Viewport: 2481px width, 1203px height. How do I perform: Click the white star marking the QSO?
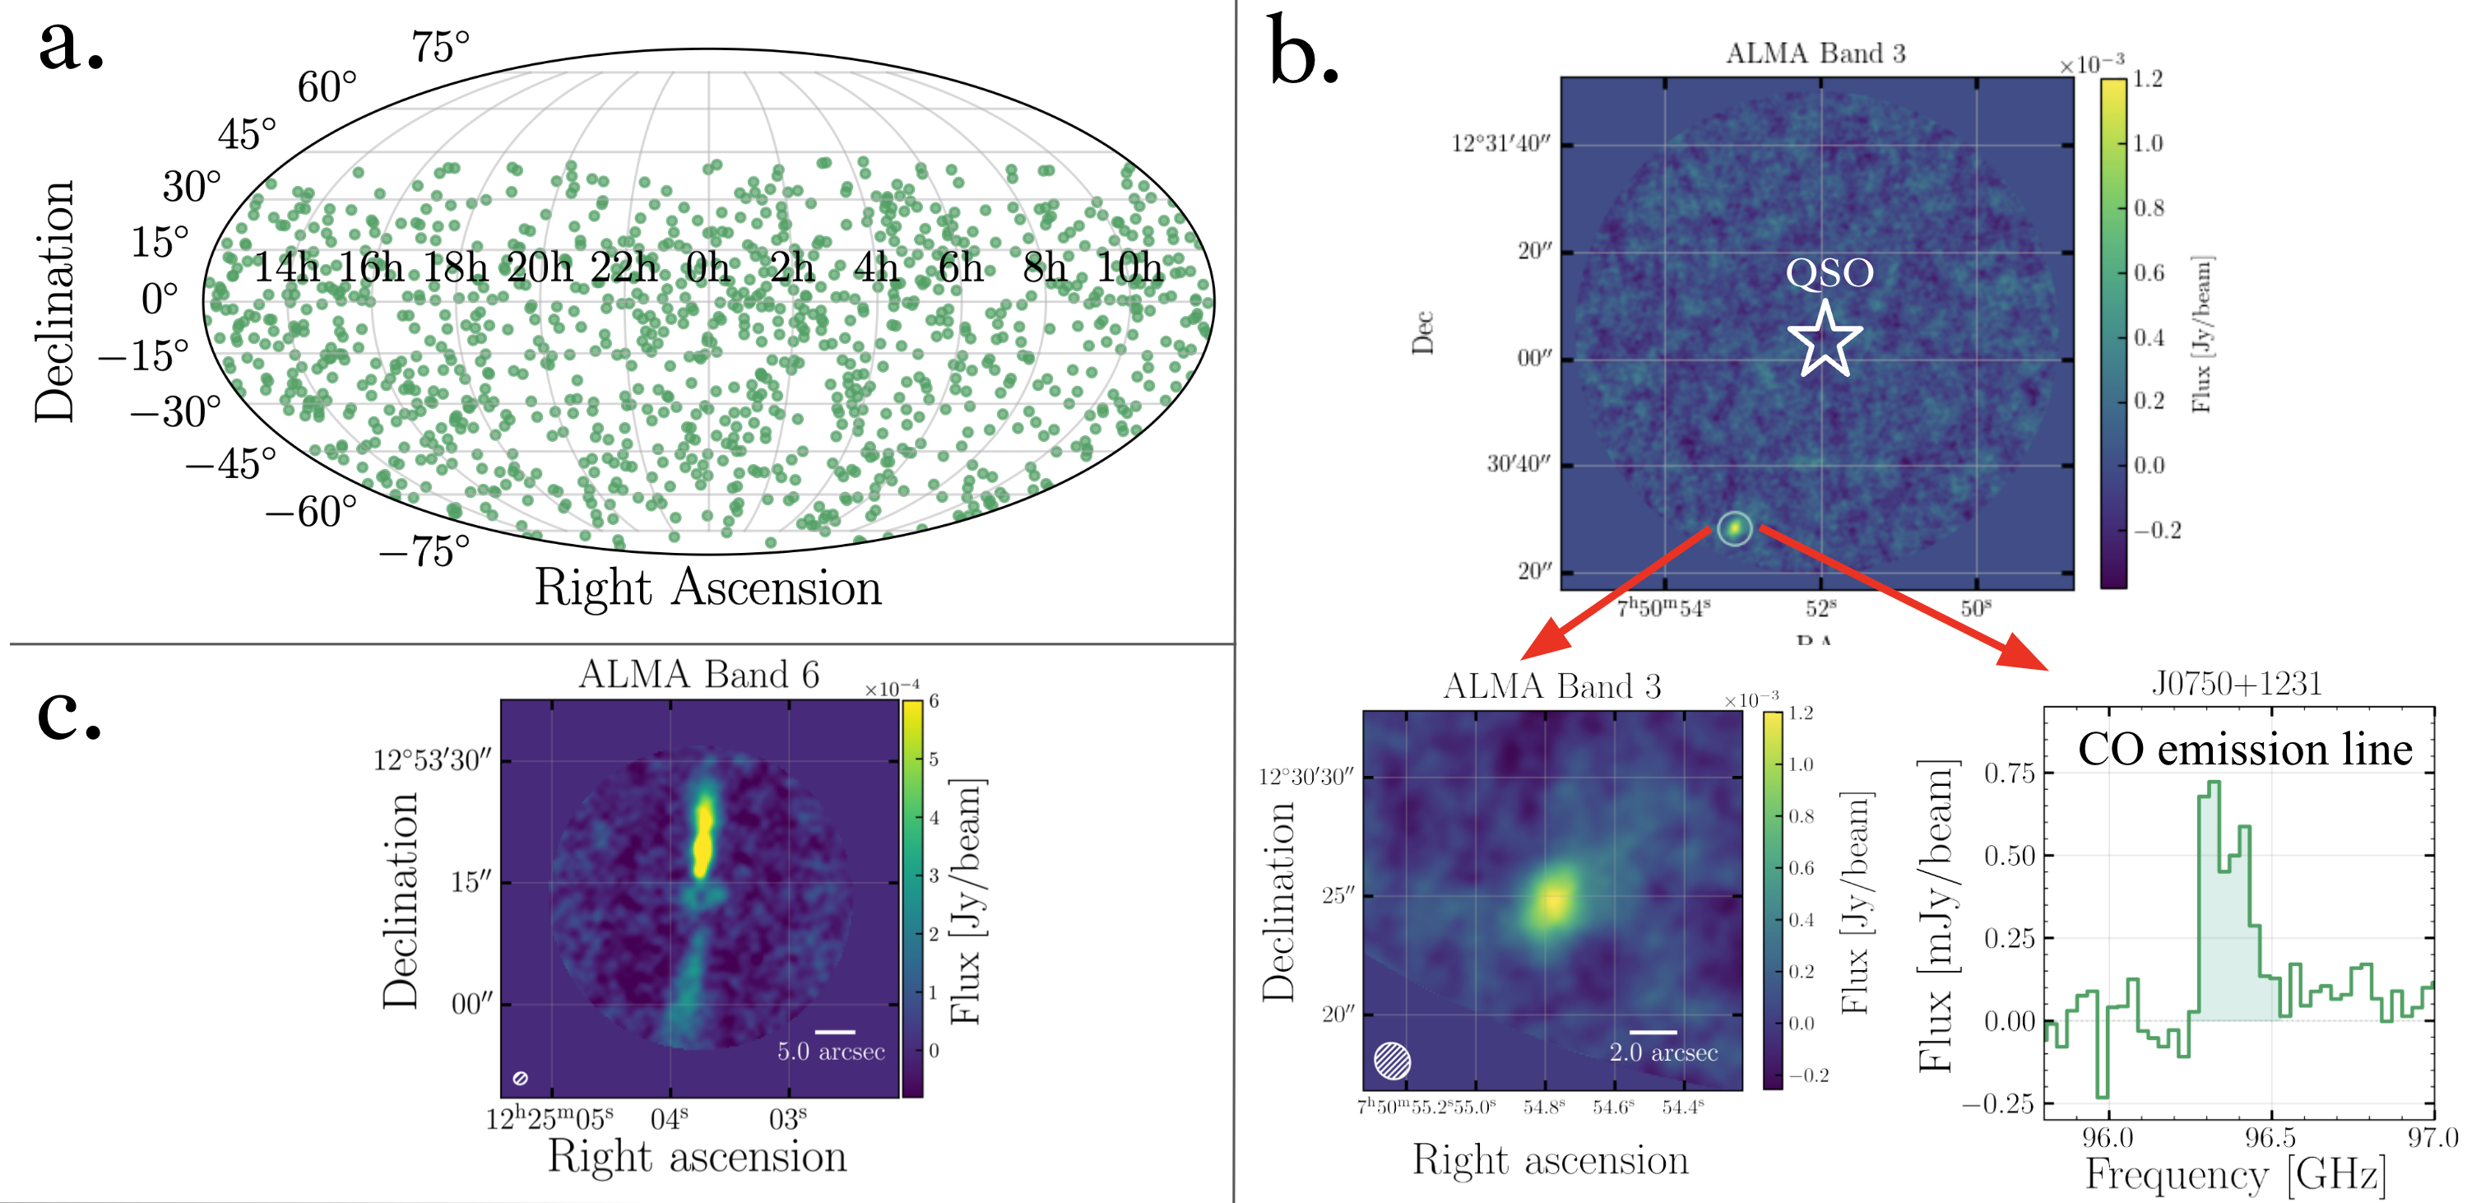(x=1825, y=339)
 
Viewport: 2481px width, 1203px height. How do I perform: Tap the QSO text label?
(x=1829, y=272)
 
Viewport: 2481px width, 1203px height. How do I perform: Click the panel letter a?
(x=69, y=46)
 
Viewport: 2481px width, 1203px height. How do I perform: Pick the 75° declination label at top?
(x=440, y=47)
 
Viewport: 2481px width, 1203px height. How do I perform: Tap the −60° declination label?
(x=311, y=513)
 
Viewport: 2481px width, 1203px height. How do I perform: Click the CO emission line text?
(x=2244, y=750)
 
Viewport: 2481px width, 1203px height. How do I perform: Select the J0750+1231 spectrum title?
(x=2237, y=684)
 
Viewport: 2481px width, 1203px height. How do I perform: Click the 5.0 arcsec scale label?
(x=831, y=1052)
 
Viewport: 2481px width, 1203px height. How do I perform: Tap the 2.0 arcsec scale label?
(x=1663, y=1052)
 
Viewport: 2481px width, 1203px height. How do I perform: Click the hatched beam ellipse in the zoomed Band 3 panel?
(x=1392, y=1061)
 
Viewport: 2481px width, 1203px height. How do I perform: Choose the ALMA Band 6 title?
(x=698, y=674)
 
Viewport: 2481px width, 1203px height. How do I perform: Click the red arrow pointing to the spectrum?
(x=1902, y=597)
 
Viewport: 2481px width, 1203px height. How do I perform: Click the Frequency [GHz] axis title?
(x=2234, y=1175)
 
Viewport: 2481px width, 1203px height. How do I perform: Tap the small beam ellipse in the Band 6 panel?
(x=520, y=1078)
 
